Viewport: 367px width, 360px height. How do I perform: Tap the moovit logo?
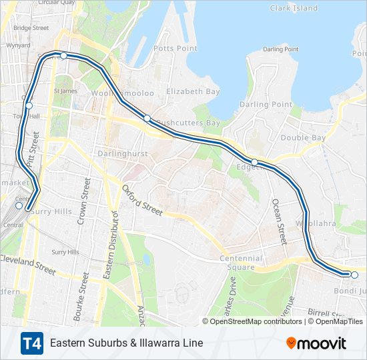316,343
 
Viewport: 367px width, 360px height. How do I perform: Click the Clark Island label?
294,8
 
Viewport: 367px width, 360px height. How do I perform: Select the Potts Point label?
175,49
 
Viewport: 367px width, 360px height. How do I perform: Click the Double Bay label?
303,137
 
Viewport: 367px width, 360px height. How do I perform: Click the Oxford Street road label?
142,199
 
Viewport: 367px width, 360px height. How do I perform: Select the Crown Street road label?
84,200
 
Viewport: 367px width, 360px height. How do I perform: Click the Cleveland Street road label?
28,264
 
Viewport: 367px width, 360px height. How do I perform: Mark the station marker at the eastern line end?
354,275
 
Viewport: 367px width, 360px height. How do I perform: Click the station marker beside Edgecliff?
254,162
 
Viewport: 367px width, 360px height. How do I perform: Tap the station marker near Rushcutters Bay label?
147,118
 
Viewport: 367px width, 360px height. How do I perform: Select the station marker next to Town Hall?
29,105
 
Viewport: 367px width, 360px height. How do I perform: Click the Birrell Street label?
330,312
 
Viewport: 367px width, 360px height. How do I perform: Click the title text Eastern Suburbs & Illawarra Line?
126,343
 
